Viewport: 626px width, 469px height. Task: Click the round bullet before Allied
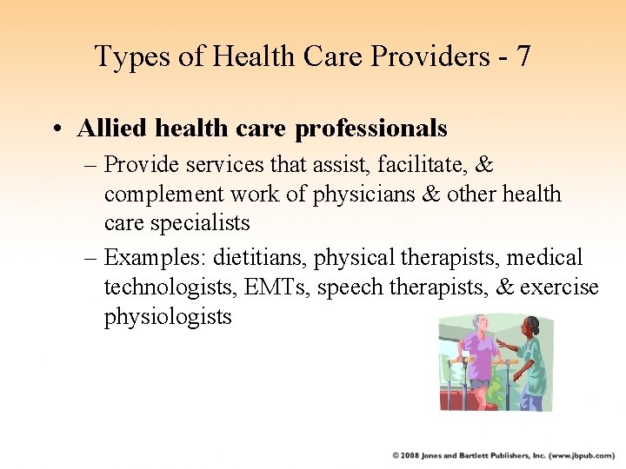(55, 129)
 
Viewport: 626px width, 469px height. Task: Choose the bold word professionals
(371, 129)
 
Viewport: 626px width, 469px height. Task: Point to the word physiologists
(168, 316)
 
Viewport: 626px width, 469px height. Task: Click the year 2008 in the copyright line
(410, 454)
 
